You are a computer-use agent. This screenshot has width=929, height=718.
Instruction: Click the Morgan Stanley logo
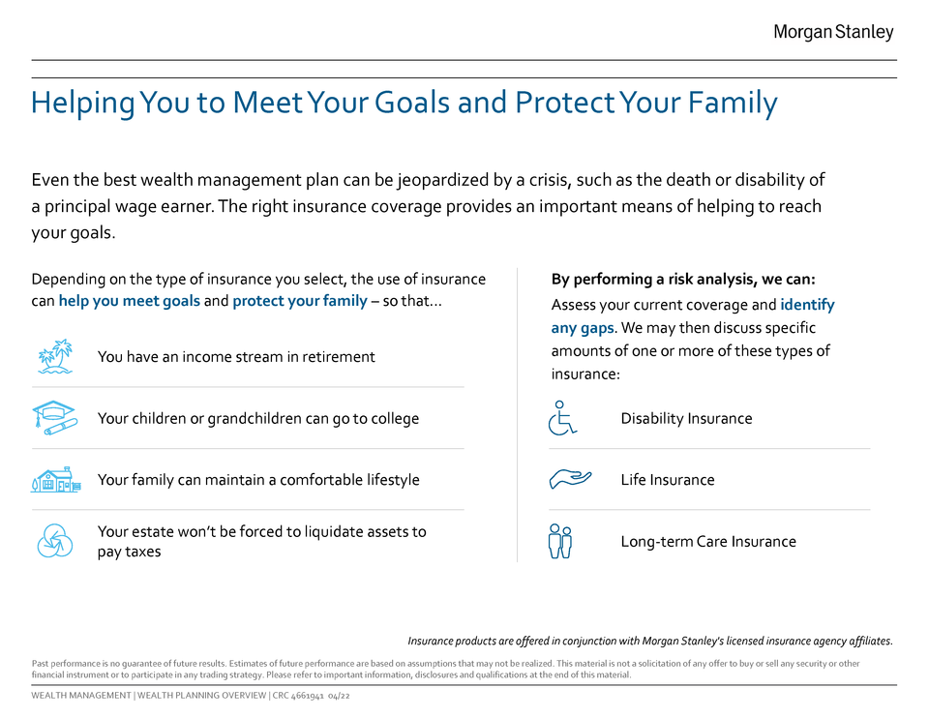(x=833, y=32)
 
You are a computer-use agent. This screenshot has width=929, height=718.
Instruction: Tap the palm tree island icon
(x=55, y=357)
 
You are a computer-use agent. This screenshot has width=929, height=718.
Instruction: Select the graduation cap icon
(x=54, y=418)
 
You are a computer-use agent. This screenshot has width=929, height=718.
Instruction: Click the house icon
(x=56, y=479)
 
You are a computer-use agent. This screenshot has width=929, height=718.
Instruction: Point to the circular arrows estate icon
(x=55, y=541)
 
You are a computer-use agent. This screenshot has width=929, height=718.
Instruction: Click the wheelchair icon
(x=562, y=418)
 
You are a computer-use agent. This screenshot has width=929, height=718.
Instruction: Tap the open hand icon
(x=570, y=479)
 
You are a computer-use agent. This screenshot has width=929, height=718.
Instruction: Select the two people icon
(x=560, y=541)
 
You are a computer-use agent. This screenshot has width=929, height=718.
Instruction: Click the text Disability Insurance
(x=686, y=419)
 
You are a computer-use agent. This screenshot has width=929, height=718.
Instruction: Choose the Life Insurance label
(x=667, y=480)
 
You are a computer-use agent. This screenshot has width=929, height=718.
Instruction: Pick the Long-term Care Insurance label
(x=708, y=542)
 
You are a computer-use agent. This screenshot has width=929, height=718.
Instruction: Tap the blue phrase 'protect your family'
(x=300, y=301)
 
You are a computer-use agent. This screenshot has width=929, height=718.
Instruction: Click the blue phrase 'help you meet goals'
(x=129, y=301)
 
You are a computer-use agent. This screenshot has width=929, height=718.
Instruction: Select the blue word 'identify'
(x=807, y=305)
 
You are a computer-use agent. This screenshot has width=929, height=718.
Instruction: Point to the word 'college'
(x=395, y=419)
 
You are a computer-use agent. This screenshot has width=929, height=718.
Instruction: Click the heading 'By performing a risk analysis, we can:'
(x=683, y=279)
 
